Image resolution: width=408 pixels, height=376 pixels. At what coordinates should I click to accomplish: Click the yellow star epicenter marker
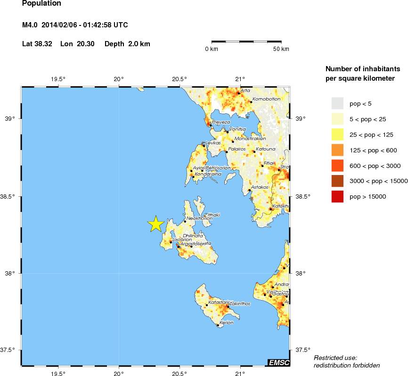[x=155, y=225]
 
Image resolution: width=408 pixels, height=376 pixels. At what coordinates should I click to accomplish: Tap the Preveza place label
[x=221, y=122]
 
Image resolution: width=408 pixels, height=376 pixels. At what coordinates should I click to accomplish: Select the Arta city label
[x=245, y=90]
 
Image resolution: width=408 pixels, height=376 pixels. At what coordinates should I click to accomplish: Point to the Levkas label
[x=213, y=142]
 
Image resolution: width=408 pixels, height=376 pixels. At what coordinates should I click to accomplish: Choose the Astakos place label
[x=260, y=187]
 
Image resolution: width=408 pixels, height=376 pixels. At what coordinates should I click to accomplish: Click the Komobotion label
[x=266, y=99]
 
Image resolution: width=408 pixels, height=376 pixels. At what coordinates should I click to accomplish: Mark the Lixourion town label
[x=181, y=240]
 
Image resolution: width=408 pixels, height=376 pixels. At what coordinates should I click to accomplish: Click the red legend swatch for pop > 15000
[x=338, y=196]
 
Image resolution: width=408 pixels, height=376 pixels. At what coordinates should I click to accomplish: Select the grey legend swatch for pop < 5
[x=338, y=103]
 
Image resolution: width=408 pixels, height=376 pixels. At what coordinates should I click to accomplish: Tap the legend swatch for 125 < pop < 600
[x=338, y=150]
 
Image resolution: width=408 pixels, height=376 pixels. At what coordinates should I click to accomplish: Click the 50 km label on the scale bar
[x=281, y=49]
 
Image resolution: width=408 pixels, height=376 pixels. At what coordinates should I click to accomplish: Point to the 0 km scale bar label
[x=211, y=49]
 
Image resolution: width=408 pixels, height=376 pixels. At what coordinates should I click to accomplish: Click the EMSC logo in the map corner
[x=278, y=362]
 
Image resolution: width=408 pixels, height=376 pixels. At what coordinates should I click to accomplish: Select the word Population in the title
[x=41, y=4]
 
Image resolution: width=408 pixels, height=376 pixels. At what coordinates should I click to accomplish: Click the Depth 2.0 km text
[x=127, y=44]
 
